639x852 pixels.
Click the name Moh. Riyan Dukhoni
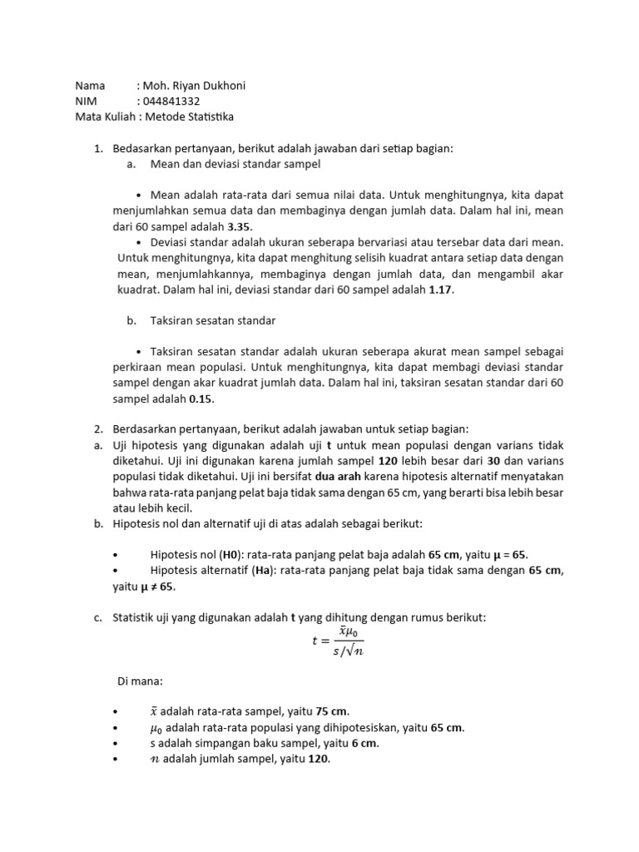[196, 86]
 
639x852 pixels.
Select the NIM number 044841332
[172, 102]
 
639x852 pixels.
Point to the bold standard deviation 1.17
[441, 290]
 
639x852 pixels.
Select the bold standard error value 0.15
[201, 399]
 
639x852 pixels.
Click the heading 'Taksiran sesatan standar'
[212, 320]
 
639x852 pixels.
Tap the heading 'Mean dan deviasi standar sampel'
[235, 164]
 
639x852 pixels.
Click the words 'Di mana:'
[140, 681]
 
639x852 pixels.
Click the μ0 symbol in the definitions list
[155, 728]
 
